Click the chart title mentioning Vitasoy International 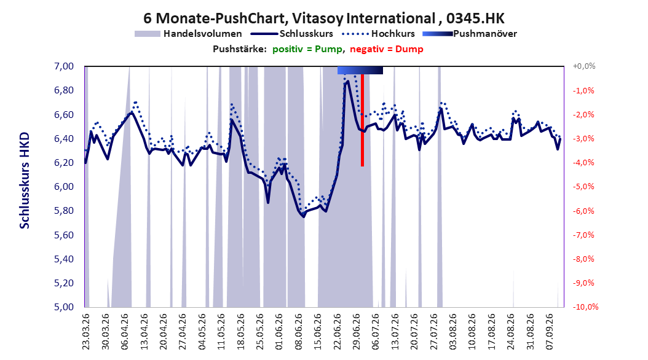click(323, 18)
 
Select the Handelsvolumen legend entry click(188, 34)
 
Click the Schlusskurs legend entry click(292, 34)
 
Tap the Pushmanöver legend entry click(470, 34)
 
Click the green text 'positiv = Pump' click(307, 49)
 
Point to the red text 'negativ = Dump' click(387, 49)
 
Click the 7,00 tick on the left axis click(64, 66)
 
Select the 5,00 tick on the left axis click(64, 307)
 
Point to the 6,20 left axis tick click(64, 163)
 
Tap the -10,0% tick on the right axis click(585, 307)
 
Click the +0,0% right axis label click(584, 66)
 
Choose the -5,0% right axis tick click(583, 187)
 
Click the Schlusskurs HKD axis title click(25, 181)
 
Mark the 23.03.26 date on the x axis click(86, 332)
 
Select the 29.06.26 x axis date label click(357, 332)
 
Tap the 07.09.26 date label click(550, 332)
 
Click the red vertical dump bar click(363, 120)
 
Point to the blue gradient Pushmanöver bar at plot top click(360, 70)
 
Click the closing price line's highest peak click(347, 81)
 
